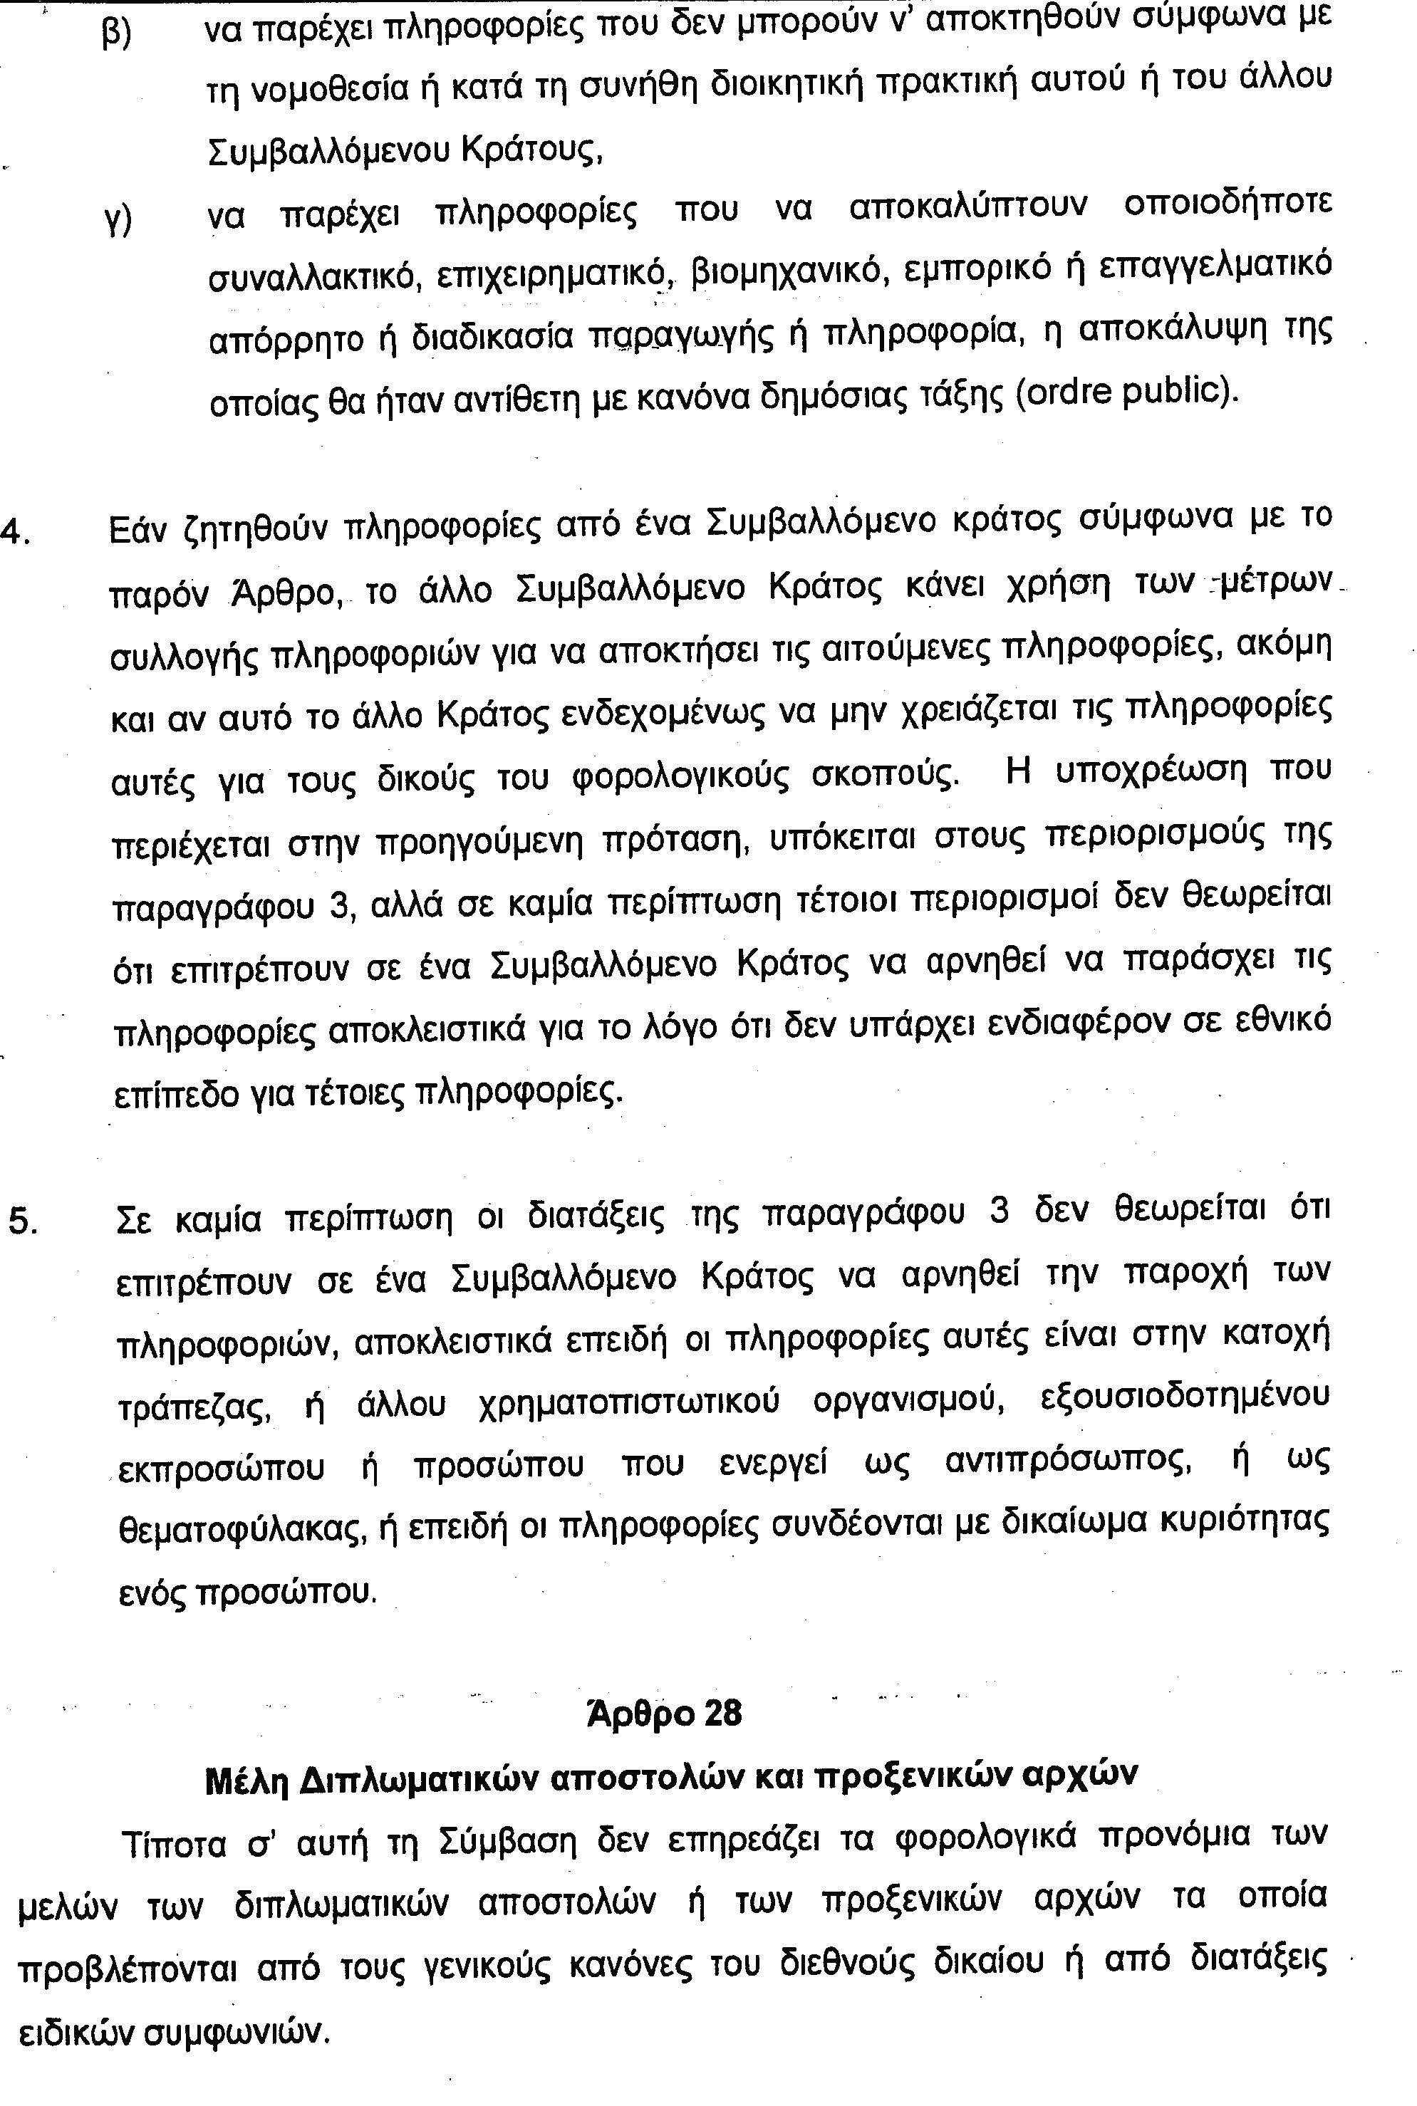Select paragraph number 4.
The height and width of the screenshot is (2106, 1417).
pos(16,532)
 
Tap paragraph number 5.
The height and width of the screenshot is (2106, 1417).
pos(21,1221)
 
